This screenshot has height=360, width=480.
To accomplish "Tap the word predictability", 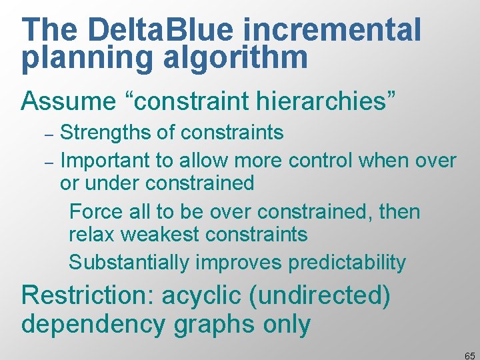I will [x=347, y=263].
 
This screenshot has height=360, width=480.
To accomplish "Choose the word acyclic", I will [x=216, y=295].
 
